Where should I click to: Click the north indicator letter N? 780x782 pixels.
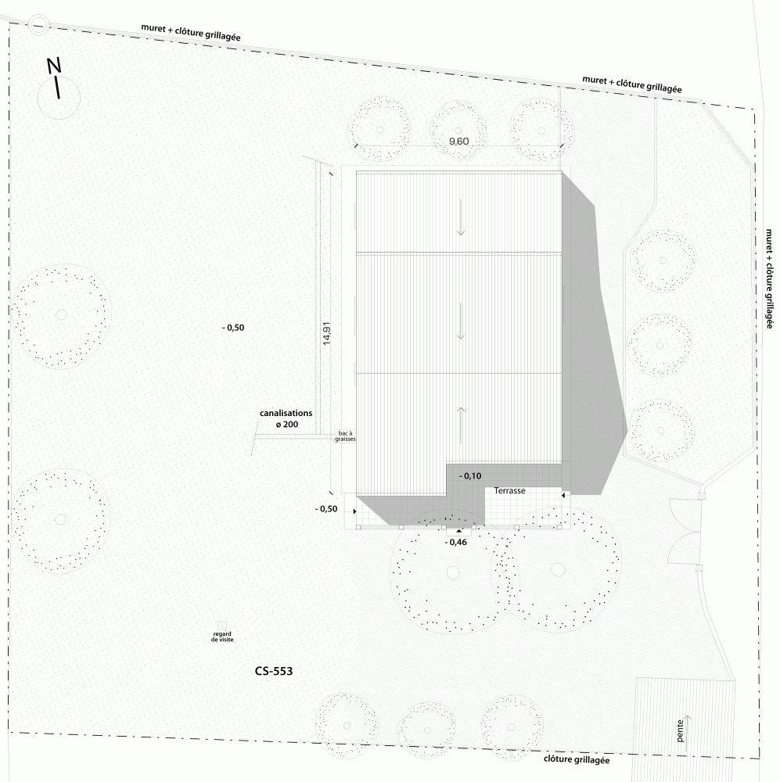tap(54, 66)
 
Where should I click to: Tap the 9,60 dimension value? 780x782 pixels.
tap(458, 141)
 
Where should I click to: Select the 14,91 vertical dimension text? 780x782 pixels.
tap(326, 333)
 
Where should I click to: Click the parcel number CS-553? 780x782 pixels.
tap(274, 671)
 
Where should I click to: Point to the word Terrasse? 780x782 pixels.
tap(509, 491)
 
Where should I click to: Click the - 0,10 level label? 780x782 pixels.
tap(470, 475)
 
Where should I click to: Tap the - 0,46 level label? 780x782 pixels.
tap(455, 542)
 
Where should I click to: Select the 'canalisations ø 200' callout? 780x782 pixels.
tap(286, 419)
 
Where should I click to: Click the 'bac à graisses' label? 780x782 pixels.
tap(345, 436)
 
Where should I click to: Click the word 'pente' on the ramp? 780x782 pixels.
tap(680, 730)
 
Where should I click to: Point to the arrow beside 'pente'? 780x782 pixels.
tap(687, 733)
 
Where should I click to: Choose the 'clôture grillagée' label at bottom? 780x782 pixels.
tap(577, 759)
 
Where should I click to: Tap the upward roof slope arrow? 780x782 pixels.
tap(460, 425)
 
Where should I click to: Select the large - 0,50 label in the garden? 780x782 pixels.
tap(233, 328)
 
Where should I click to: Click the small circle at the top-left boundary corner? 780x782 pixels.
tap(38, 24)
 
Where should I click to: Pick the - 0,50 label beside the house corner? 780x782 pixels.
tap(326, 509)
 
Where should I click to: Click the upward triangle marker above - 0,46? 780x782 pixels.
tap(459, 531)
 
